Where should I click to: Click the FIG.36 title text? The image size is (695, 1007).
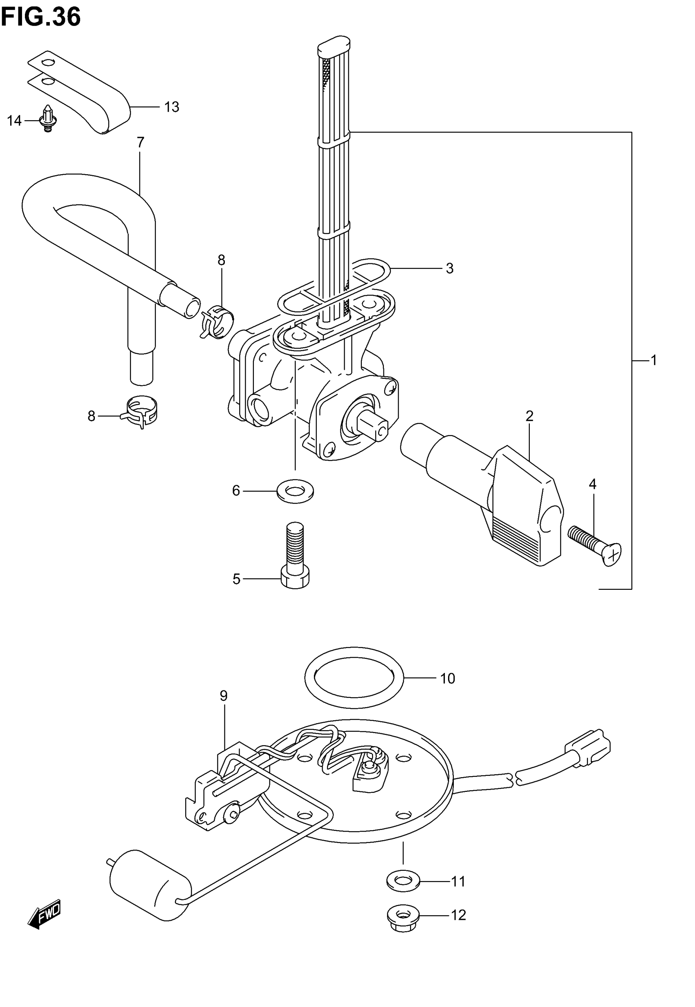40,18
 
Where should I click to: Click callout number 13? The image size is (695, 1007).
172,107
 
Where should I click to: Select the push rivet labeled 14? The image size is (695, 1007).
47,118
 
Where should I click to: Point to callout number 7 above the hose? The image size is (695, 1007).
140,142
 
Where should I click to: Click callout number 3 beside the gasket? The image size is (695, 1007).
449,269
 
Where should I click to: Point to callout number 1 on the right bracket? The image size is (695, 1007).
653,361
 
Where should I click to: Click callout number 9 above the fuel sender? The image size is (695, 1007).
223,696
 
